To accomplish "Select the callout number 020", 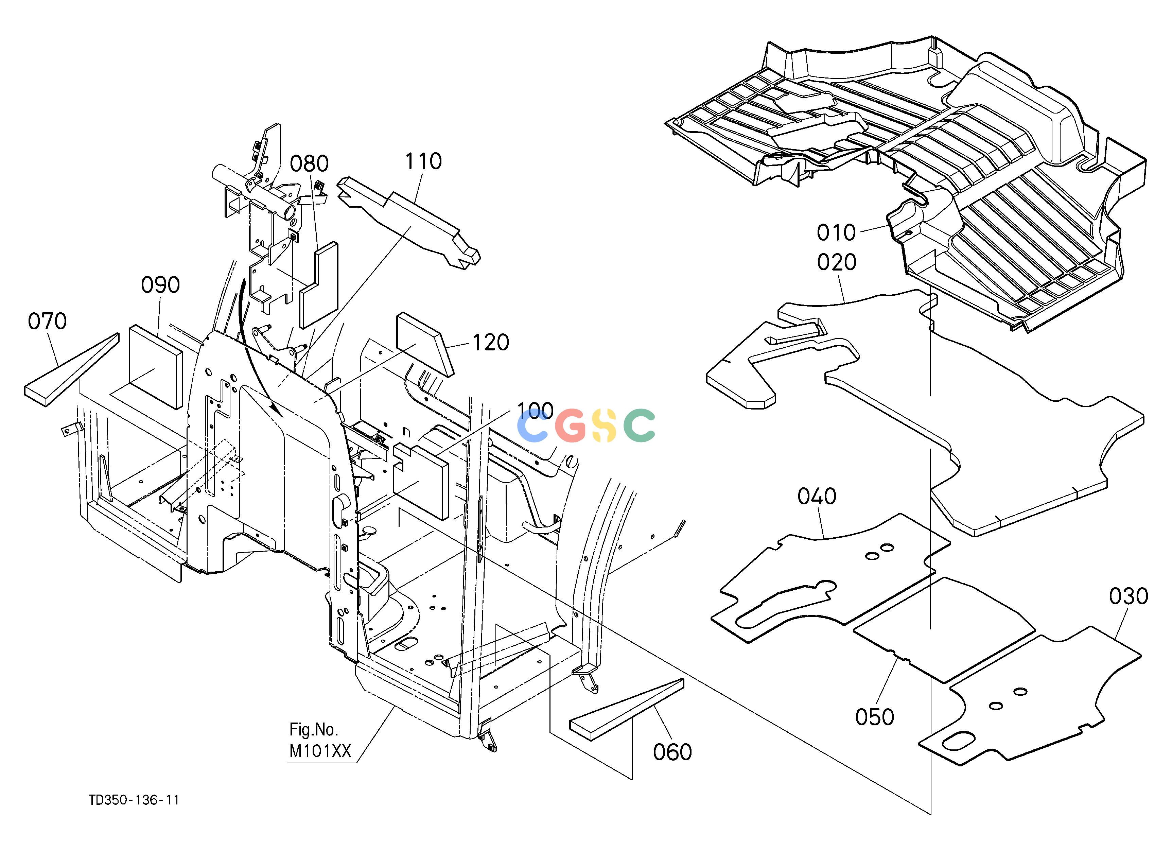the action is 837,262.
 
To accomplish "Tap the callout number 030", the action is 1129,597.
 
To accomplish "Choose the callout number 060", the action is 672,752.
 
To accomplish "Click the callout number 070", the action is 47,322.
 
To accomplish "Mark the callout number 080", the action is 309,164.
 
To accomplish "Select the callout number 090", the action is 160,285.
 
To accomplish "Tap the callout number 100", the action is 535,411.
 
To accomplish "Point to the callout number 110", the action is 423,162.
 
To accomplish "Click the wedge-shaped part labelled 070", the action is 72,370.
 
